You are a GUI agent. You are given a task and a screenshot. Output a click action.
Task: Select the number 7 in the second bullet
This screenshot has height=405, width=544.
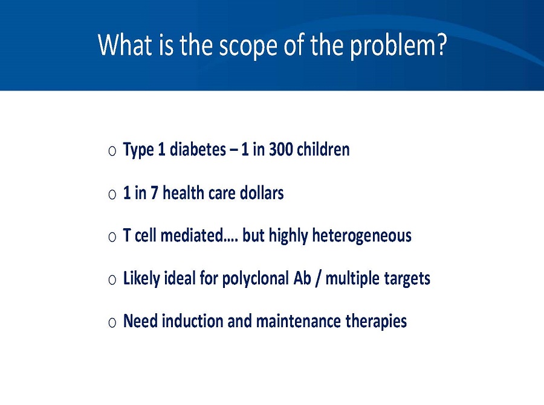pos(155,193)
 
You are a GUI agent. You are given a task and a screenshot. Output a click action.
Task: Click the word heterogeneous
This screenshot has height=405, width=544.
pos(361,235)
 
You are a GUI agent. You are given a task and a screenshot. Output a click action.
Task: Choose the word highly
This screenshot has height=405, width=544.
pos(288,236)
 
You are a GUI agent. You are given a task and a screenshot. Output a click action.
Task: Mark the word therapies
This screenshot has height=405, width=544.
pos(376,322)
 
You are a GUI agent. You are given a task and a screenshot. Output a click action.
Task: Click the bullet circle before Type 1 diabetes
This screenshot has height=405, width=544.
pos(112,150)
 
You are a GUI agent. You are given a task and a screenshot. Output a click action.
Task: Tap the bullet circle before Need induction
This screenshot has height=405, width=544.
pos(112,322)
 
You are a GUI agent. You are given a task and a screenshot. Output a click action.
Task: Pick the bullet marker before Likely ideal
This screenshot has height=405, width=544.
pos(112,279)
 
